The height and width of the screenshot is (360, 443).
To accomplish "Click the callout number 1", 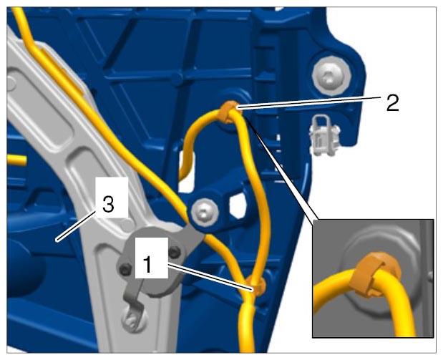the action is (x=147, y=264).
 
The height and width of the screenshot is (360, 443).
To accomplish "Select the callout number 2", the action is (x=393, y=103).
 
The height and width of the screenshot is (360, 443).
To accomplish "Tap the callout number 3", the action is (x=108, y=204).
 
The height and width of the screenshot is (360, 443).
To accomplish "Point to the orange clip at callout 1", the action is (x=256, y=286).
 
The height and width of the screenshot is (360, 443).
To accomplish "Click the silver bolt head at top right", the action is (x=331, y=77).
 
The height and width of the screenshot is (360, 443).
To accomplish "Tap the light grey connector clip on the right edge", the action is (x=324, y=135).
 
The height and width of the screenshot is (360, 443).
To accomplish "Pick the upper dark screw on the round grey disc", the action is (x=175, y=253).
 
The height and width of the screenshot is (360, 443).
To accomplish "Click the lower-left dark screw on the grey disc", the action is (x=125, y=269).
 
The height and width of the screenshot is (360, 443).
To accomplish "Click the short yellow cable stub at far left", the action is (x=16, y=160).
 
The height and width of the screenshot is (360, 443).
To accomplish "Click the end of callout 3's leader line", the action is (x=57, y=241).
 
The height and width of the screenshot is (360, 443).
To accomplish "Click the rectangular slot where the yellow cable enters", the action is (x=187, y=170).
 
